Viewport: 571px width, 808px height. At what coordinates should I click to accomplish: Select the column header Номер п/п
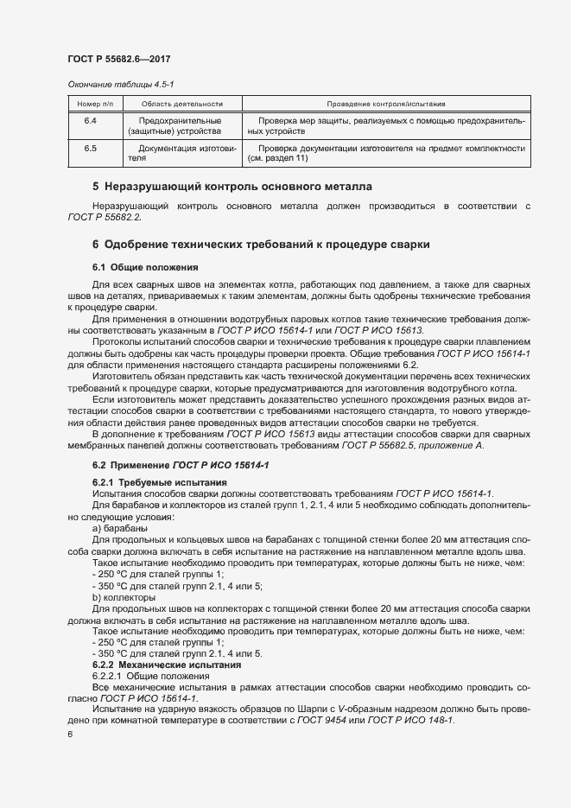[89, 103]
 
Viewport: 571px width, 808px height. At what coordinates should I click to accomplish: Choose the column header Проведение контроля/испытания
[385, 103]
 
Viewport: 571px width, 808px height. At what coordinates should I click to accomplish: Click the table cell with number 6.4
[89, 121]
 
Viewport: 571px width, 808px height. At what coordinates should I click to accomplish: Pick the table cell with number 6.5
[89, 149]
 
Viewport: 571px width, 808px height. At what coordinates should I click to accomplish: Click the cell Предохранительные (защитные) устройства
[174, 126]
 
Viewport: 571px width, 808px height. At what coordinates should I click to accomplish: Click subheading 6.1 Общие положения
[145, 267]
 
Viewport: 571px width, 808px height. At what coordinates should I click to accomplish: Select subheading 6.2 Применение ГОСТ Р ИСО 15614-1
[181, 466]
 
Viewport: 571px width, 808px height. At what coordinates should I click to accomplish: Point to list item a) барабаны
[119, 527]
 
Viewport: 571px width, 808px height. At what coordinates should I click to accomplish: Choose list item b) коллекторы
[123, 597]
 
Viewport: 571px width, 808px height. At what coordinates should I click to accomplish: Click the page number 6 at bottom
[69, 735]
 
